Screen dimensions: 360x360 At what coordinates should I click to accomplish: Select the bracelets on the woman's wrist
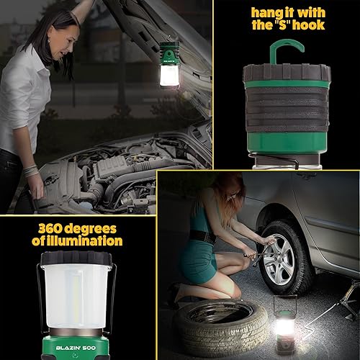pos(31,171)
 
